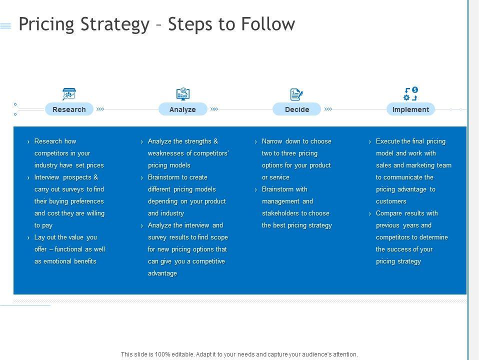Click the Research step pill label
coord(69,109)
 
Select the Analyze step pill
coord(182,109)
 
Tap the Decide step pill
coord(296,109)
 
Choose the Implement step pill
coord(410,109)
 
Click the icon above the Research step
coord(69,94)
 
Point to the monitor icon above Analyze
coord(183,94)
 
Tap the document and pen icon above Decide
coord(296,94)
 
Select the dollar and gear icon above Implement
coord(410,94)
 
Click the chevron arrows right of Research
coord(100,108)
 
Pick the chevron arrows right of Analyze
coord(214,108)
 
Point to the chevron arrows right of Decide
coord(328,108)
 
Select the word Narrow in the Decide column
coord(272,141)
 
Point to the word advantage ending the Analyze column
coord(162,273)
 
